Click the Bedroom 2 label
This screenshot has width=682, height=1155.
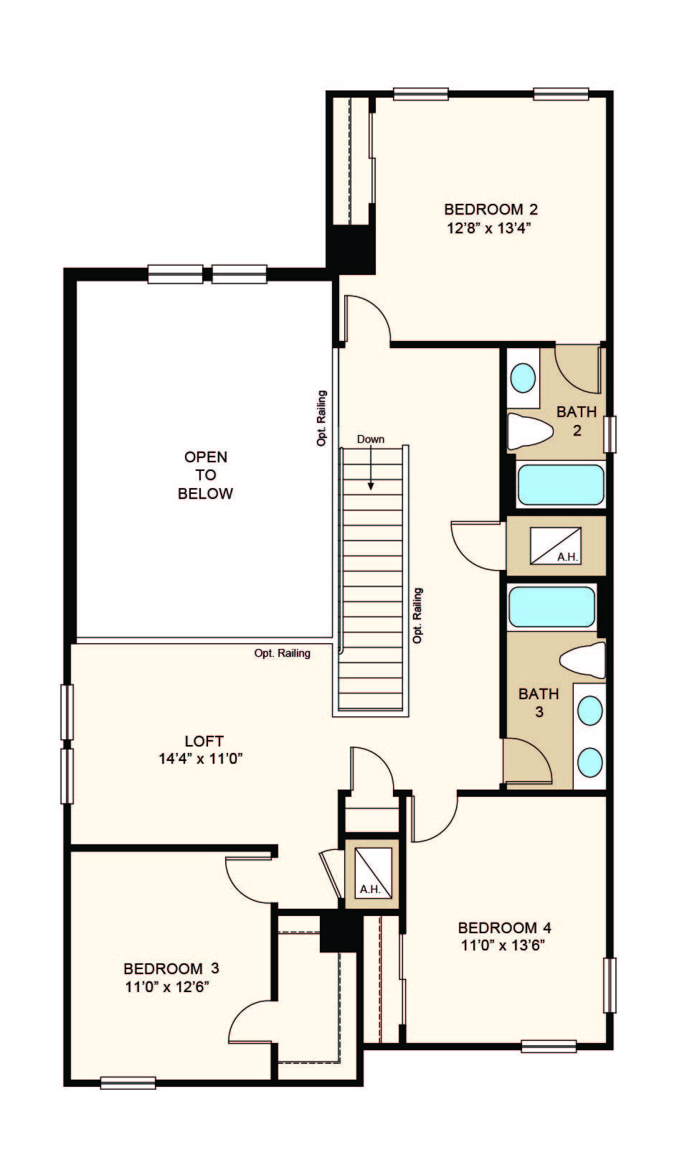[491, 210]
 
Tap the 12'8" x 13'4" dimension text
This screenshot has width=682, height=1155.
[489, 228]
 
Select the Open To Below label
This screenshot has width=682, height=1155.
[206, 475]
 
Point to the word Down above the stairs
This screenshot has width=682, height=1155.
[371, 439]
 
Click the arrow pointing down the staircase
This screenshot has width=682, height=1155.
[371, 468]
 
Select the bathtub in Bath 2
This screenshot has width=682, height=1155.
[560, 485]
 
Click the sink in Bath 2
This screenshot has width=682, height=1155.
[523, 378]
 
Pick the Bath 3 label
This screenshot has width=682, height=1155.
[539, 702]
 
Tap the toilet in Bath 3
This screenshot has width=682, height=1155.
[582, 660]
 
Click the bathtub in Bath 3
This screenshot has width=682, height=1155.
[551, 607]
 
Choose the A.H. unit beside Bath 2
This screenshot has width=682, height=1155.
[556, 546]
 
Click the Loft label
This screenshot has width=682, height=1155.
[204, 741]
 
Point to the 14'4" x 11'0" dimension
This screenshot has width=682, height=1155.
[201, 759]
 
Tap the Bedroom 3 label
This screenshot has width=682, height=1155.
[171, 968]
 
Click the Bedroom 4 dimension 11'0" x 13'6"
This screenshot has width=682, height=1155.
[503, 945]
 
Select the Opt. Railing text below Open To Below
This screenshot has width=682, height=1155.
[283, 653]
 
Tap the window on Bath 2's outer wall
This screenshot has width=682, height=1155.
[610, 434]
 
